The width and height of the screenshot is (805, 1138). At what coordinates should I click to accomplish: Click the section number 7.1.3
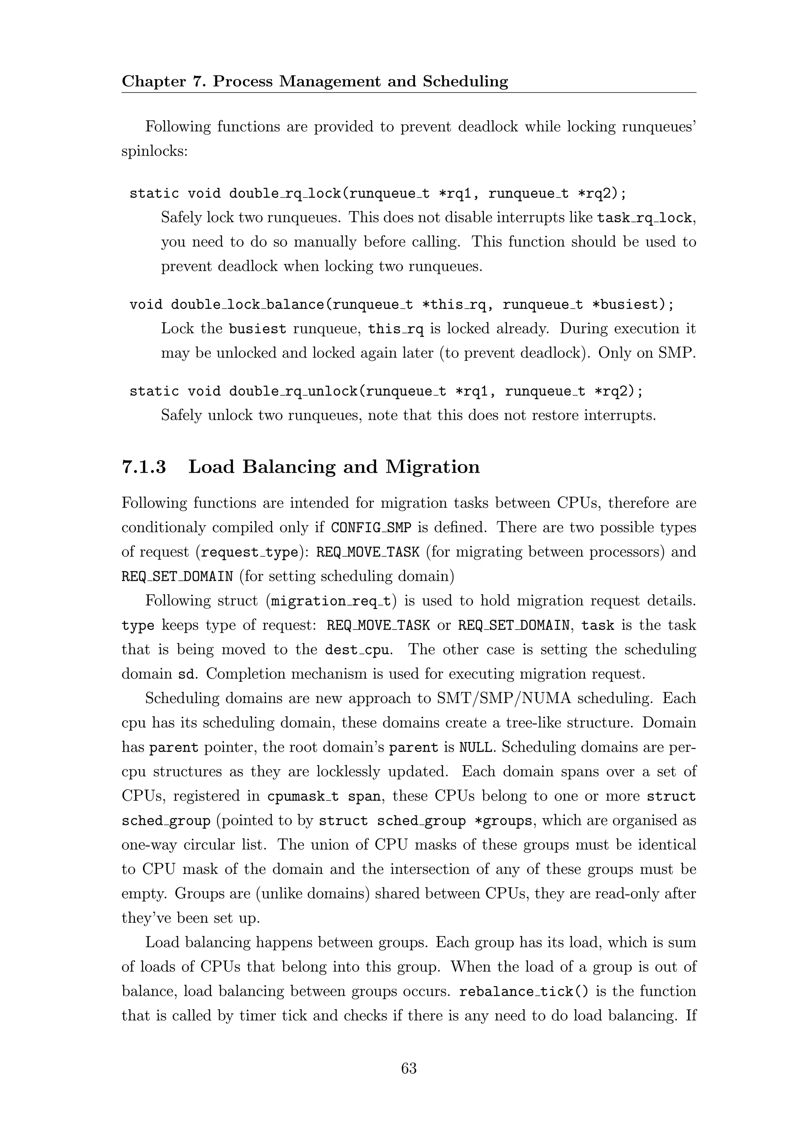pyautogui.click(x=144, y=467)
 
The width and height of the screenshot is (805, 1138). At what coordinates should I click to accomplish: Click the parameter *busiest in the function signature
pyautogui.click(x=628, y=304)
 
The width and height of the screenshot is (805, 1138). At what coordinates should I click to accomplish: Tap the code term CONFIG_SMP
pyautogui.click(x=371, y=527)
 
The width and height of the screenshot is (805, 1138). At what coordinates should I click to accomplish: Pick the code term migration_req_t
pyautogui.click(x=331, y=601)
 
